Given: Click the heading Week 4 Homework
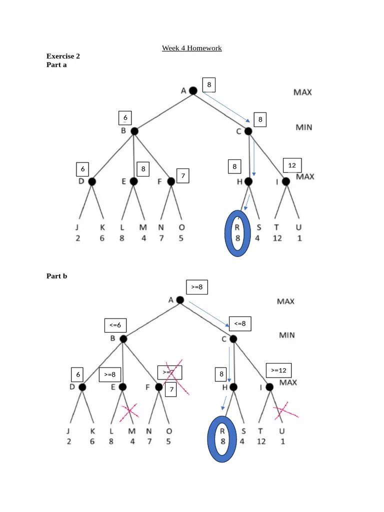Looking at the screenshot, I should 191,48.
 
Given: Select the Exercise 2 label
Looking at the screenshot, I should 63,56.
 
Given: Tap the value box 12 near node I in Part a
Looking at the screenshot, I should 292,165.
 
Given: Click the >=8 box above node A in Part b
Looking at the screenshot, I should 196,287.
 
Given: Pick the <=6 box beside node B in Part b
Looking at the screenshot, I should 115,325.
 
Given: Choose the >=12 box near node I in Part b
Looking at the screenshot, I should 278,370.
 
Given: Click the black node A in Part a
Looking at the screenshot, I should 193,90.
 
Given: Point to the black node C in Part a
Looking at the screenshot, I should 248,131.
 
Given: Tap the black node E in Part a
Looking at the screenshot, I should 133,181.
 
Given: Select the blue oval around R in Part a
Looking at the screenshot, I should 238,233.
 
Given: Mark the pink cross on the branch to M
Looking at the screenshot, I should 130,411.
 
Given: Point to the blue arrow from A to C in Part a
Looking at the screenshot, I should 226,107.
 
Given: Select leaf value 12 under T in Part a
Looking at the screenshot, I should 277,238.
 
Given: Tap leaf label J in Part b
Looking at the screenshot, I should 69,431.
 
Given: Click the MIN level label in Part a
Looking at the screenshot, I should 303,127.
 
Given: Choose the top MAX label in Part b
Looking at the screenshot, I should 285,301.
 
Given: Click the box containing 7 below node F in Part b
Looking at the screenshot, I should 170,389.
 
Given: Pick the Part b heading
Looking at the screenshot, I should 56,275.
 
